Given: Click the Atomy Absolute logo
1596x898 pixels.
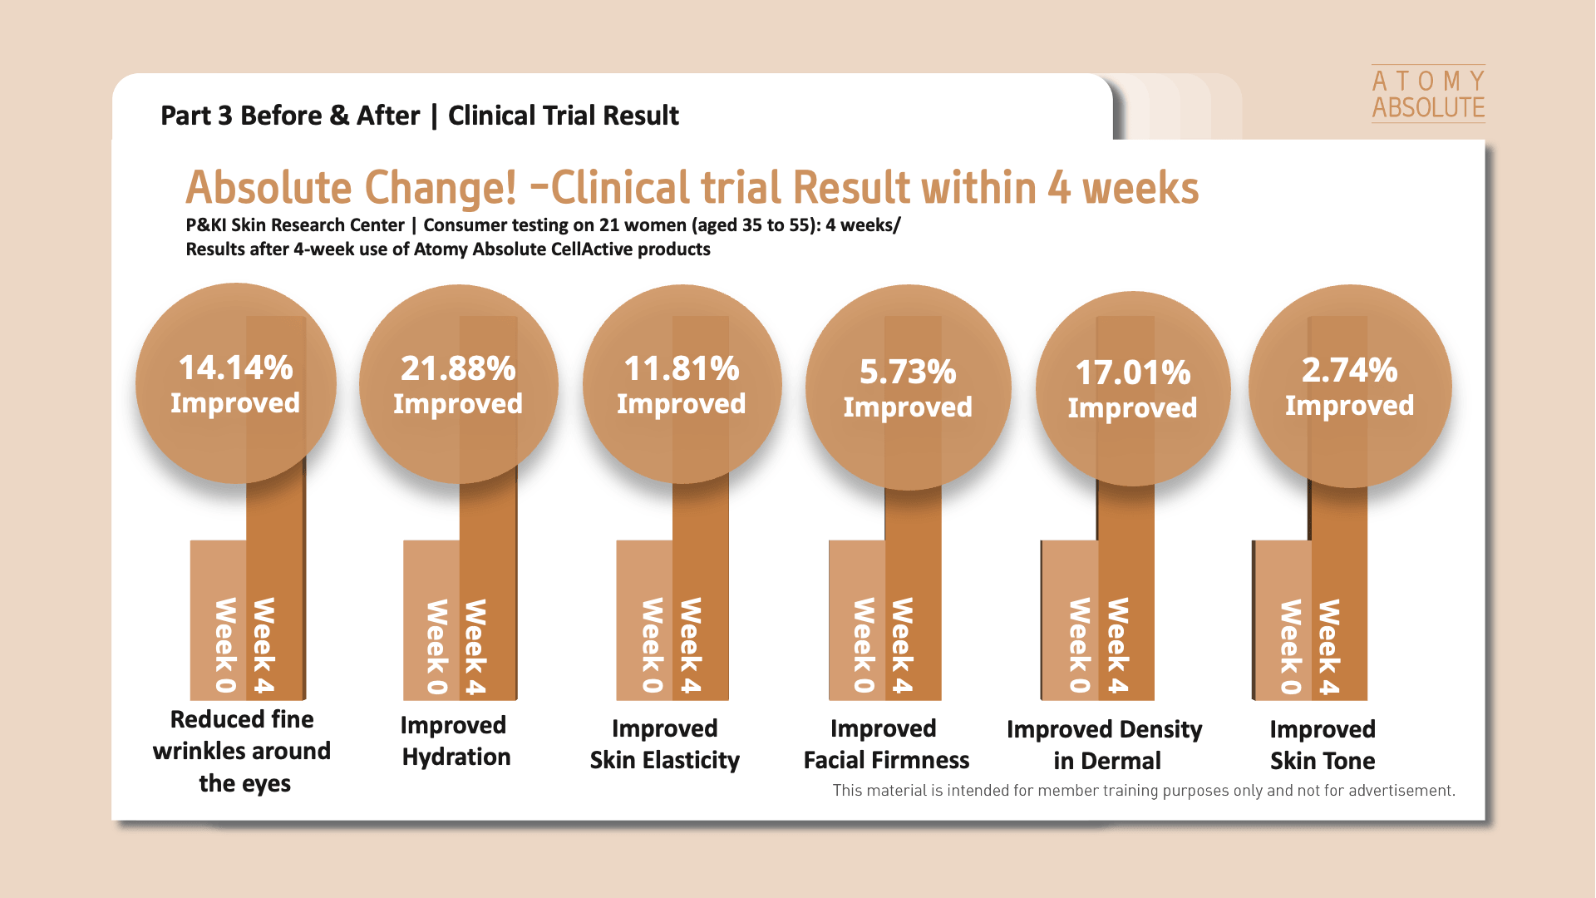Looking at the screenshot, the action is tap(1428, 94).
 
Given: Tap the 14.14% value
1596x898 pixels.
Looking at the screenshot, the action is tap(236, 368).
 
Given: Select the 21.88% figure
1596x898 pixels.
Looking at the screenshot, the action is tap(458, 368).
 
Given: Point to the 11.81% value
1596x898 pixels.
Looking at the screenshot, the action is tap(682, 368).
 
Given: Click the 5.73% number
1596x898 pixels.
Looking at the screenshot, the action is tap(908, 372).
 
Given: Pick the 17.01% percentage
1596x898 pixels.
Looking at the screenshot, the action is tap(1133, 373).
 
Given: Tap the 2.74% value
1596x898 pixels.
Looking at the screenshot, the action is tap(1350, 370).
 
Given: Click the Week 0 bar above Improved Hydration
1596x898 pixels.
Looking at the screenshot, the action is tap(431, 620).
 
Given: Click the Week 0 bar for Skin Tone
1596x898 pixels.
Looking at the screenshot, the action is tap(1283, 620).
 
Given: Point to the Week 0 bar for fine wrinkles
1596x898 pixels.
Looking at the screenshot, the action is tap(219, 620).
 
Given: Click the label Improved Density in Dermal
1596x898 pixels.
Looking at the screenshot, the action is tap(1105, 745).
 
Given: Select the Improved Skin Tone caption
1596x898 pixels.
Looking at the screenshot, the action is tap(1323, 745).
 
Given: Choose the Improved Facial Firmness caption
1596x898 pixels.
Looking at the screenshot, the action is tap(886, 744).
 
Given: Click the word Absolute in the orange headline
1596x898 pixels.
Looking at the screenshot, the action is tap(268, 188).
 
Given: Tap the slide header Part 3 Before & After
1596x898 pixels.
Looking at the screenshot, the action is tap(290, 116).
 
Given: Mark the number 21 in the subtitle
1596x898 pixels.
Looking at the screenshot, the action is tap(609, 225).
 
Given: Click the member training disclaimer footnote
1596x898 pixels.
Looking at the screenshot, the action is tap(1144, 791).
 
